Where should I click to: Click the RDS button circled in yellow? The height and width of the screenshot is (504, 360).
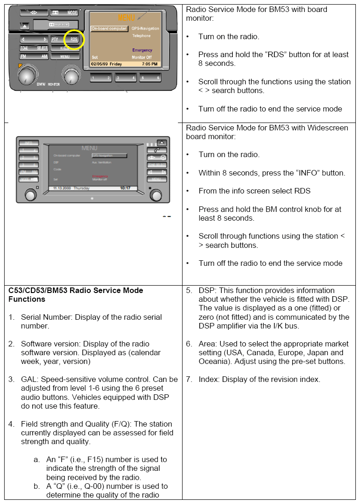tap(74, 40)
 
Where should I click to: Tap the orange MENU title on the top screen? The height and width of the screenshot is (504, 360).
tap(127, 18)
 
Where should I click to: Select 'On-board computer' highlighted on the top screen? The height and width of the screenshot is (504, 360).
tap(109, 29)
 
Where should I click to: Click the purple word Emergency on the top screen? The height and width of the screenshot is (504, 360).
tap(142, 50)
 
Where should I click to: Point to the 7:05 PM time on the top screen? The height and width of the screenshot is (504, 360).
tap(149, 64)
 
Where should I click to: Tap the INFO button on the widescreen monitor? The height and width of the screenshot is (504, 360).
tap(29, 142)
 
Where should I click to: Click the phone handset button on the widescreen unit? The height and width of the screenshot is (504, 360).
tap(157, 150)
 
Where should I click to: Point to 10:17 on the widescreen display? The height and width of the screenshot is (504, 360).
tap(125, 188)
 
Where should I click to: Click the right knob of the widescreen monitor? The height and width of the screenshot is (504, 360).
tap(156, 195)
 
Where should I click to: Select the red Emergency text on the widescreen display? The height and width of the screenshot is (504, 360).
tap(100, 176)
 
